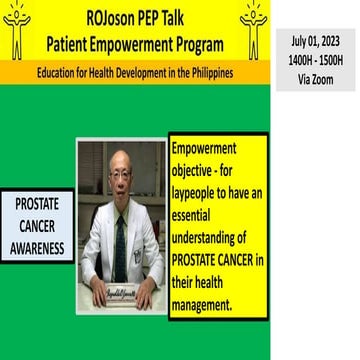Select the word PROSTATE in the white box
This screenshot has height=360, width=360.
[x=37, y=204]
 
